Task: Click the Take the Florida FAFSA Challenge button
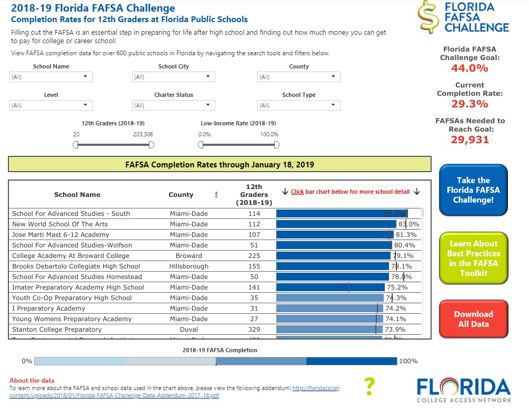point(473,190)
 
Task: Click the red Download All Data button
point(473,319)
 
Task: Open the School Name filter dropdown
point(51,77)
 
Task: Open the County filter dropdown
point(298,77)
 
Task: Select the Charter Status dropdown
point(173,105)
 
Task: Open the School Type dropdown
point(298,105)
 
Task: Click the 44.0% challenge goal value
point(470,68)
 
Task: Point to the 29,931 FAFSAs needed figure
point(470,140)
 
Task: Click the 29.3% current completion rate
point(470,104)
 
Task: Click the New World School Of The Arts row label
point(60,224)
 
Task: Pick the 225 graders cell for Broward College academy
point(254,256)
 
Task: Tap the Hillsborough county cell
point(189,266)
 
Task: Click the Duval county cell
point(189,330)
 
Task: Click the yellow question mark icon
point(370,386)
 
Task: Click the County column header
point(181,195)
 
